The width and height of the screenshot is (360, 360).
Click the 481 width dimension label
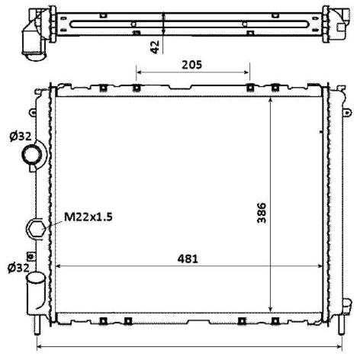point(188,259)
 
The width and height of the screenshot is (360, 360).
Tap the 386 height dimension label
point(262,213)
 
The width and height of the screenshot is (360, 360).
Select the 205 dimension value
point(191,65)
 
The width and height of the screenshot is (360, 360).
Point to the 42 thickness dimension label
point(155,47)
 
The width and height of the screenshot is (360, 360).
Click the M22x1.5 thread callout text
point(88,217)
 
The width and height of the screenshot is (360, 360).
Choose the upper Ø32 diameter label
point(21,137)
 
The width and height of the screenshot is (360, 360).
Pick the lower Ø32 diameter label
point(18,268)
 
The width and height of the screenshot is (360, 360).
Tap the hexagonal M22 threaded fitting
point(37,228)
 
